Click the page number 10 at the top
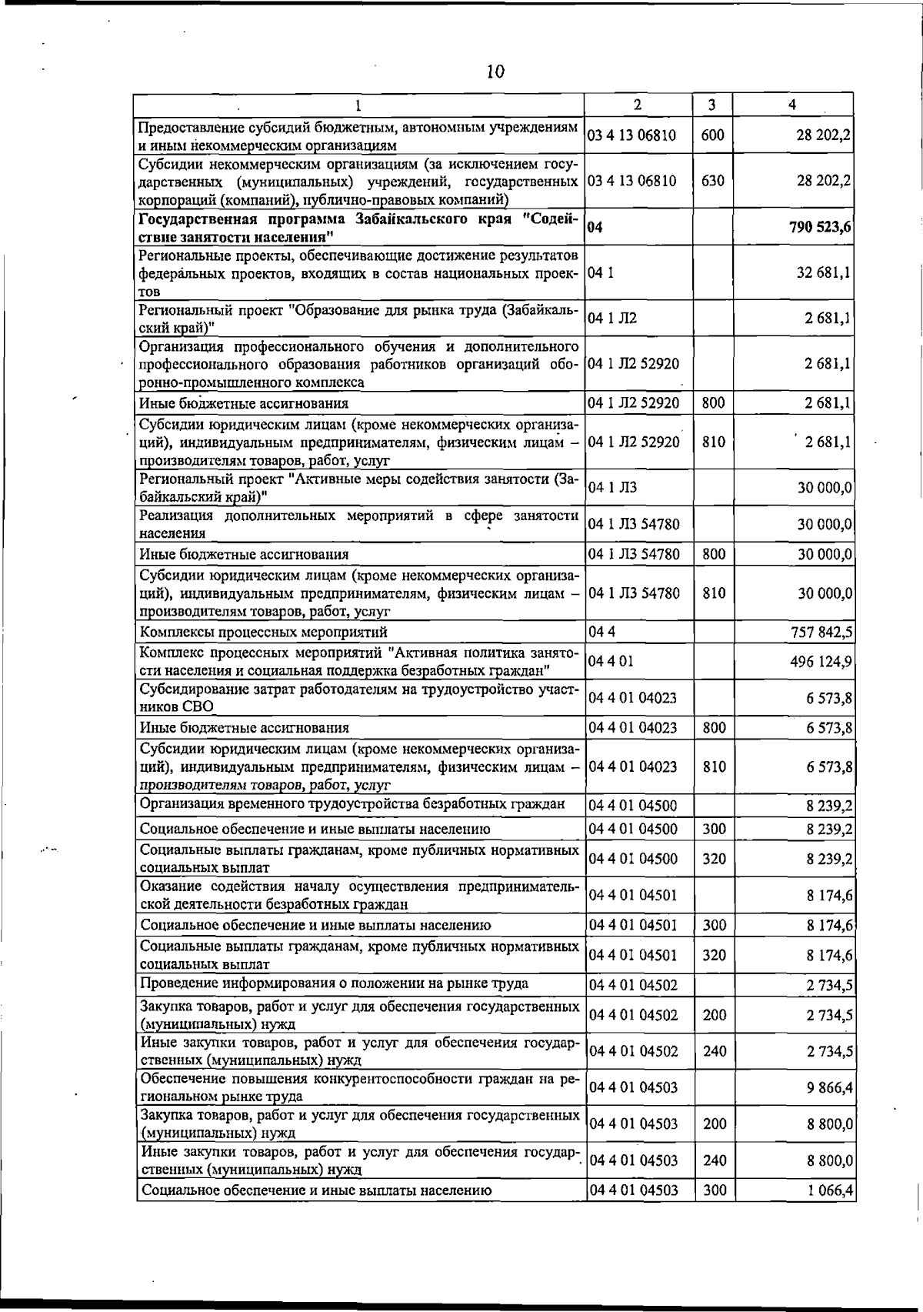click(x=495, y=72)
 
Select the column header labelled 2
click(x=637, y=105)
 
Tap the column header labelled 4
click(x=792, y=105)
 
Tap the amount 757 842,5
click(x=821, y=633)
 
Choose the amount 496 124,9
click(x=821, y=662)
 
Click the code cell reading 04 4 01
click(x=611, y=662)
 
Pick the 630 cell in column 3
click(x=713, y=182)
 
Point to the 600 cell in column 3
click(x=713, y=135)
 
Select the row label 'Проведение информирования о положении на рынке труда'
click(x=334, y=983)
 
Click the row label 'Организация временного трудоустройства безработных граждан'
click(x=352, y=805)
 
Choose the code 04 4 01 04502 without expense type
click(x=634, y=985)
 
